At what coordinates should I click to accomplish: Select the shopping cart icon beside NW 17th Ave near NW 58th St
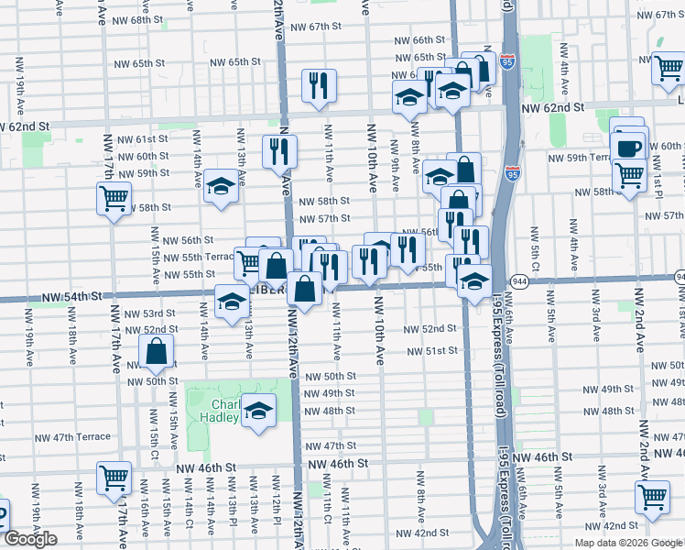(x=114, y=198)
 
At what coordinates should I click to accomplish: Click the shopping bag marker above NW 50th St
(x=158, y=351)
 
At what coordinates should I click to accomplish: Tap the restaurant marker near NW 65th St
(x=319, y=87)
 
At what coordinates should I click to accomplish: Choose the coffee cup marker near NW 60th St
(x=629, y=148)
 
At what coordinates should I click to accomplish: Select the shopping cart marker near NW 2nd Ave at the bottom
(x=652, y=497)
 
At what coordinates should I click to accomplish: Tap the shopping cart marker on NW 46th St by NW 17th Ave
(x=114, y=478)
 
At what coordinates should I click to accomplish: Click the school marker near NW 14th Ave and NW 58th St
(x=221, y=187)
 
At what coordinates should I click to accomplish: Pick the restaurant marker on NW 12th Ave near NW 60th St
(x=278, y=151)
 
